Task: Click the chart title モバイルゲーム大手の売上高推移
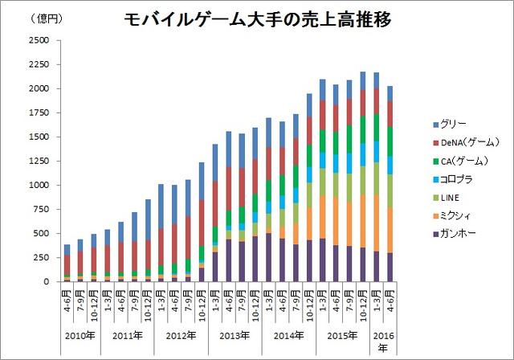click(259, 20)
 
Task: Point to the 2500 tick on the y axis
click(39, 40)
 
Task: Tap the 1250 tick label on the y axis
click(39, 161)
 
